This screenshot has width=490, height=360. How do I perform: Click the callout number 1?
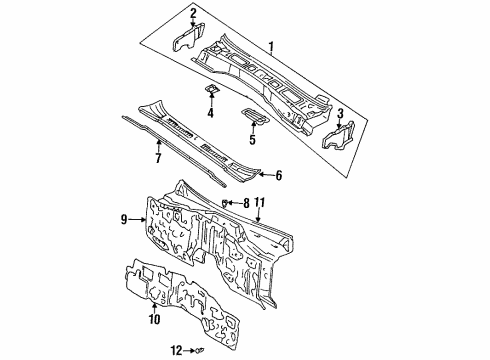pos(271,48)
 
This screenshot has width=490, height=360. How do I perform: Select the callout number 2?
pos(193,14)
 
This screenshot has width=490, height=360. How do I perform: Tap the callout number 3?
pos(340,113)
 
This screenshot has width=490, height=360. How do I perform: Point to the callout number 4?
pos(210,113)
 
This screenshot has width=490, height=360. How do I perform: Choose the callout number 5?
pos(252,139)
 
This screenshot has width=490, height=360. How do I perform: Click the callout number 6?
pos(279,175)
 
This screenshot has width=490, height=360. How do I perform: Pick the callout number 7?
pos(158,157)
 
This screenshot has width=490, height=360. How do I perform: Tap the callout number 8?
pos(246,203)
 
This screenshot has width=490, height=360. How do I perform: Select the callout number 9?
pos(124,219)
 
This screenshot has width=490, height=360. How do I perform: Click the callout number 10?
pos(154,319)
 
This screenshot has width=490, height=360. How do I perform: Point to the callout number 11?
pos(259,203)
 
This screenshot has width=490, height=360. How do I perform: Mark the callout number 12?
pos(177,351)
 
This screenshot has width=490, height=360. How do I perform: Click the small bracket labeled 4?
pos(211,89)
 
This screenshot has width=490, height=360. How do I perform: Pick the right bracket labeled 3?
pos(339,136)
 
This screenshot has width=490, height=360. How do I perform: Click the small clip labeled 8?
pos(225,202)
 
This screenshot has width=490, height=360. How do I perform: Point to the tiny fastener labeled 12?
pos(201,350)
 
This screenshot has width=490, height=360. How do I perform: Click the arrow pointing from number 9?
pos(137,219)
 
